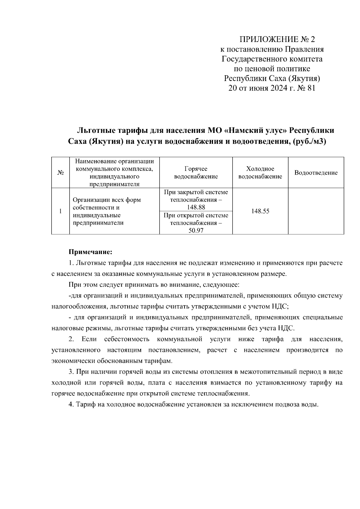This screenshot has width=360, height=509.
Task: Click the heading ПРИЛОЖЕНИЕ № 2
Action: (277, 40)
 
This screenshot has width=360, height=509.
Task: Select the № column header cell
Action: (60, 173)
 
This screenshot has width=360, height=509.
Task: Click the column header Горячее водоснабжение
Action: (196, 173)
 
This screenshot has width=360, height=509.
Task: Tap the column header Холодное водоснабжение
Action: (260, 173)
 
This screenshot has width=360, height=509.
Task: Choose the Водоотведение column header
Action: (316, 173)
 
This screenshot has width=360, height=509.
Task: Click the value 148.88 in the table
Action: (196, 207)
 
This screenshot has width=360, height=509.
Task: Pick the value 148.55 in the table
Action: (260, 211)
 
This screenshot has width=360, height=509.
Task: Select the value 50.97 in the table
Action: (196, 231)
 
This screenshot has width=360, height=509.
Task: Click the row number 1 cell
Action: (60, 211)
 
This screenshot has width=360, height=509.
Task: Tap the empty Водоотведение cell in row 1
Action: (316, 211)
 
